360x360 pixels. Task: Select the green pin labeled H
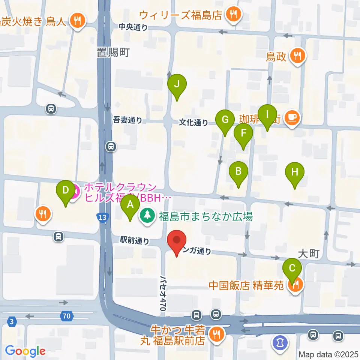click(x=295, y=173)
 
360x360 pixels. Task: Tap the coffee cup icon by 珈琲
click(x=291, y=118)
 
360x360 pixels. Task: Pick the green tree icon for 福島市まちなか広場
click(x=148, y=216)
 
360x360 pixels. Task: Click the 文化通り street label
click(x=193, y=122)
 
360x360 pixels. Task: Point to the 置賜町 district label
click(x=112, y=52)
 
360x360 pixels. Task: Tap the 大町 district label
click(x=309, y=254)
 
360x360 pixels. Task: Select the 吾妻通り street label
click(x=128, y=120)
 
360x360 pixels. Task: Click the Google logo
click(x=25, y=351)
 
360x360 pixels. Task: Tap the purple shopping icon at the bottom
click(x=279, y=342)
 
